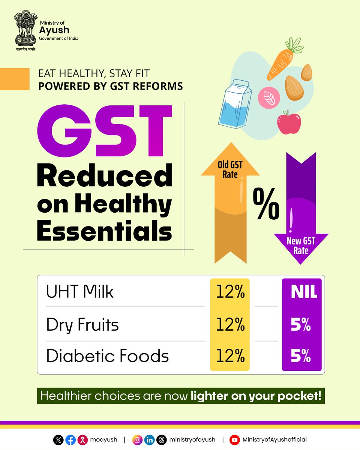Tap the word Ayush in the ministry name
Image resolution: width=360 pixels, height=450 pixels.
click(54, 30)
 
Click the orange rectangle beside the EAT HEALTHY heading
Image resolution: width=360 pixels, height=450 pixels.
click(15, 79)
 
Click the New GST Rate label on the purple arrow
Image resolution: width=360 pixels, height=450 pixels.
click(301, 246)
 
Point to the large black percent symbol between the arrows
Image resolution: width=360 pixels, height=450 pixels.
click(266, 204)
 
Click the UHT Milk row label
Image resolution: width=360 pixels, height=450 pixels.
click(80, 292)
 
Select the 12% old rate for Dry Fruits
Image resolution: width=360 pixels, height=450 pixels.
click(230, 324)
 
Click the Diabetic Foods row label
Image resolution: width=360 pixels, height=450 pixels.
click(107, 356)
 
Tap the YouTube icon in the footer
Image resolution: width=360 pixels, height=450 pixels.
click(235, 439)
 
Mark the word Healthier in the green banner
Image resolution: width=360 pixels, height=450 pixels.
click(66, 396)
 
